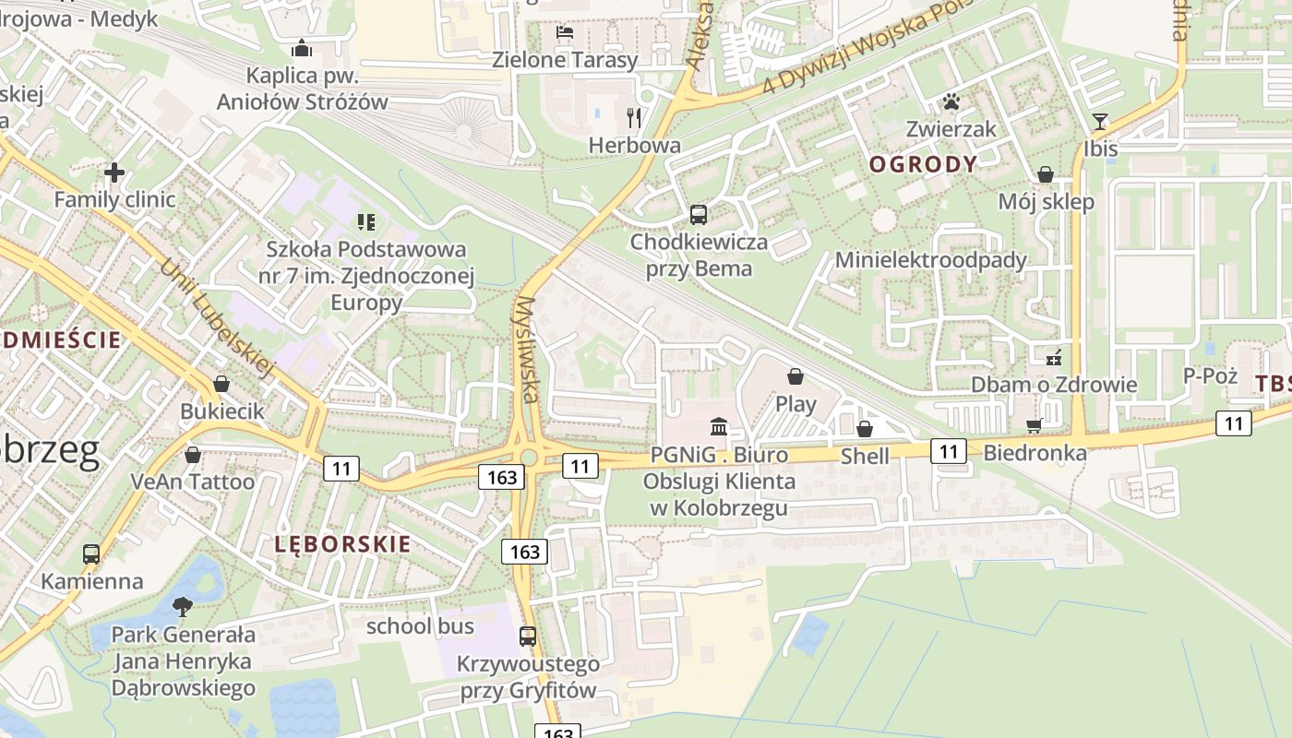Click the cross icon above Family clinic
coord(114,173)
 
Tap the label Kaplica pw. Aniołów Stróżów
coord(302,89)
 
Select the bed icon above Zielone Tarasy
coord(565,33)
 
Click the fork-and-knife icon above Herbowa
coord(634,117)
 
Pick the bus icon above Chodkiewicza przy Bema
coord(699,215)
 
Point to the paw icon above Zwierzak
coord(951,101)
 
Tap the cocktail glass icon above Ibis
coord(1100,121)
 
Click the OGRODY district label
coord(923,165)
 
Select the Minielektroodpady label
coord(930,260)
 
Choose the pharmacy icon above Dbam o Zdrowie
coord(1053,357)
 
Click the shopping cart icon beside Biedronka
coord(1035,425)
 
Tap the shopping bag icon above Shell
coord(865,429)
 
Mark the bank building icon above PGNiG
coord(719,426)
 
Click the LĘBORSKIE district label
coord(342,544)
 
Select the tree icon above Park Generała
coord(183,606)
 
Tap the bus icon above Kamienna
coord(91,554)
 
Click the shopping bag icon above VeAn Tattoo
coord(193,455)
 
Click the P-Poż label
coord(1210,375)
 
